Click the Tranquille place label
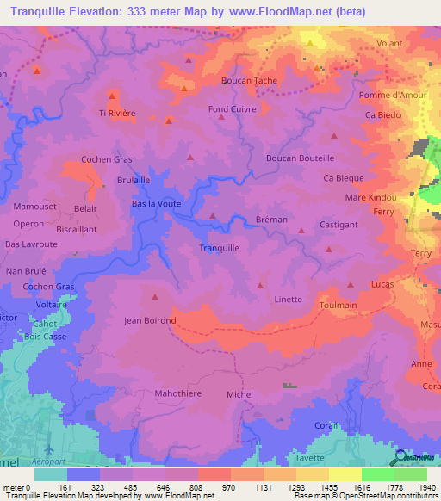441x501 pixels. pos(219,248)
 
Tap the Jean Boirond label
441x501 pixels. pos(150,321)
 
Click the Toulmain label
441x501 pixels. pos(338,305)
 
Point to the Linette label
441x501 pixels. pos(288,300)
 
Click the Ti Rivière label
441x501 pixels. pos(117,114)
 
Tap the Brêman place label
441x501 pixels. pos(271,220)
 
